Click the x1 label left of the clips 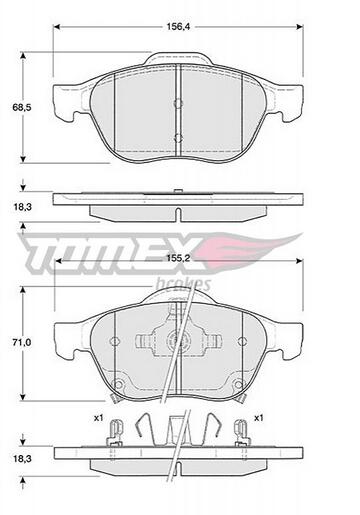(98, 418)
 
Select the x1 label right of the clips (258, 418)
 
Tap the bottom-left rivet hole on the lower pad (117, 387)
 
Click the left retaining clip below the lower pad (118, 431)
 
